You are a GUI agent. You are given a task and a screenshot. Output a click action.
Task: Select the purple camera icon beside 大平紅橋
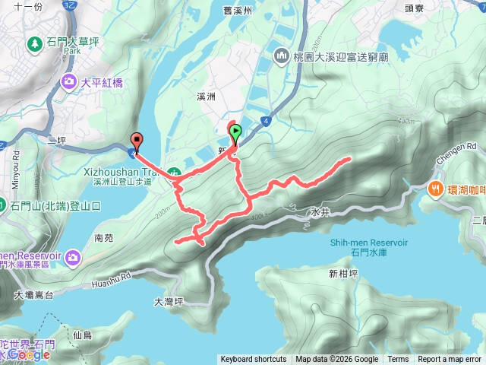point(69,81)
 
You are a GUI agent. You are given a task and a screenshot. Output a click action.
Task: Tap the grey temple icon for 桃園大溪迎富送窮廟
point(282,56)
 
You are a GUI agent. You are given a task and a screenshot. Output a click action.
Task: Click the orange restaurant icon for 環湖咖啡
point(437,188)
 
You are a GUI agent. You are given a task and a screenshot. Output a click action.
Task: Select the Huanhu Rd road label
point(113,274)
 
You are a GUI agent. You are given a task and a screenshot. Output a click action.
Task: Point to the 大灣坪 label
point(169,301)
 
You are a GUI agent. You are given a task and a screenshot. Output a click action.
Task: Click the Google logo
point(30,354)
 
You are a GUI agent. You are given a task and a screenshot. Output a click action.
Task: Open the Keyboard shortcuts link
point(253,360)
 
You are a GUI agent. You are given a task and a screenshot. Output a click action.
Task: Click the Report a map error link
point(450,360)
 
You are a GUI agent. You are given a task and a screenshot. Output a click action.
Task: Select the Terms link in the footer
point(398,360)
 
